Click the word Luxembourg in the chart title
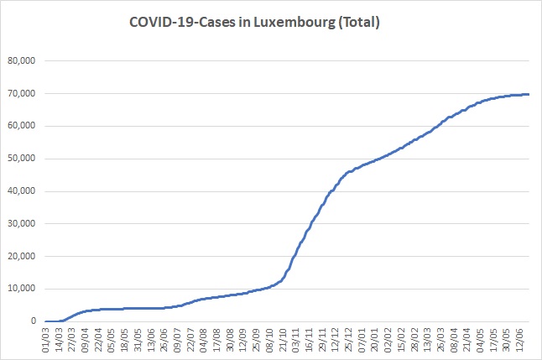click(294, 23)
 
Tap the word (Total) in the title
click(359, 23)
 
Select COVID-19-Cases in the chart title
click(183, 22)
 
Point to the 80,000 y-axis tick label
click(22, 61)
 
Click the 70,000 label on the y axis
click(22, 93)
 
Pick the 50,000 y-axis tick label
click(22, 159)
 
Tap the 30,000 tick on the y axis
click(22, 224)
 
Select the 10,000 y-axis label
click(22, 289)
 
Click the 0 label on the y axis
click(34, 321)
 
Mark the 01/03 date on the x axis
click(46, 340)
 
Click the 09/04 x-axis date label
click(86, 340)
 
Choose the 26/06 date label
click(164, 340)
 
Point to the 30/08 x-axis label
click(230, 340)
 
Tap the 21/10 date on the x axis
click(283, 340)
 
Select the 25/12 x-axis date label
click(348, 340)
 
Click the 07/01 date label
click(362, 340)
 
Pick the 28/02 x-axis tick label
click(414, 340)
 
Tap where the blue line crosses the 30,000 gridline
click(311, 224)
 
